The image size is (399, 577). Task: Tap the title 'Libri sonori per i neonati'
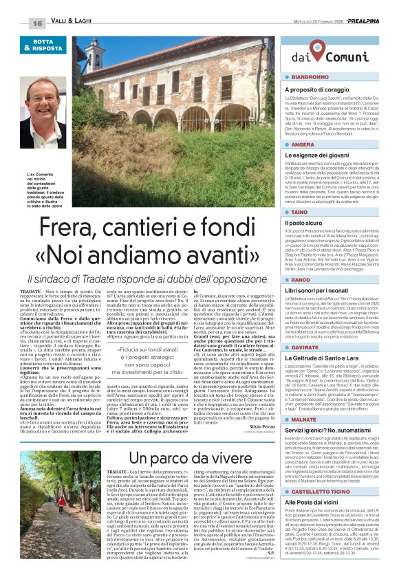pyautogui.click(x=304, y=292)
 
